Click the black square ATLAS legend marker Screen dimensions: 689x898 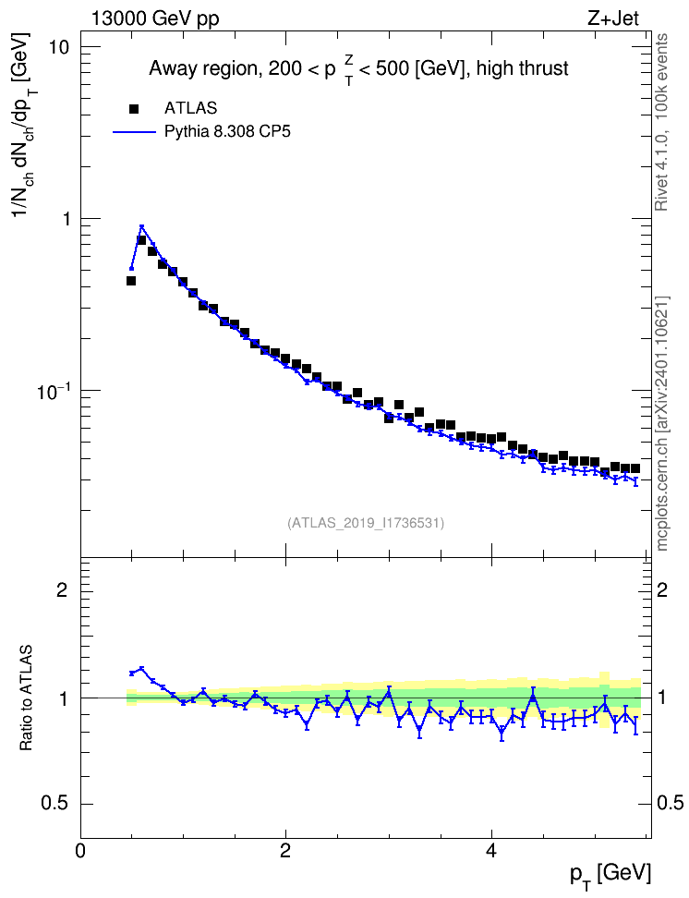click(134, 108)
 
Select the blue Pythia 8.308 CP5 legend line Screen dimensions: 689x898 click(134, 132)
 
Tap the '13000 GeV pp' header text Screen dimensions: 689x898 click(155, 19)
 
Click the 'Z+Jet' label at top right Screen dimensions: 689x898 click(613, 18)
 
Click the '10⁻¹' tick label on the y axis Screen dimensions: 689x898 click(54, 391)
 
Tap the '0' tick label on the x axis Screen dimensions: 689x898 click(80, 851)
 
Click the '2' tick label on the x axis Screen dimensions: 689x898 click(285, 851)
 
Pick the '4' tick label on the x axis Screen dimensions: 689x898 click(490, 851)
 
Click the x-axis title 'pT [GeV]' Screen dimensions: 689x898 click(610, 876)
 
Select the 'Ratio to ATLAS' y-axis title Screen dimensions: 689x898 click(26, 698)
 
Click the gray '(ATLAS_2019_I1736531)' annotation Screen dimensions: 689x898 click(366, 523)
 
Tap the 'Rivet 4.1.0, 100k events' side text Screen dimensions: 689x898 click(661, 122)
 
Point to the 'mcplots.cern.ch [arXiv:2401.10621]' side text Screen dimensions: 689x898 click(662, 424)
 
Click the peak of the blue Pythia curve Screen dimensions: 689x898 click(142, 226)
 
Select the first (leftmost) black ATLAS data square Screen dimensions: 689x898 click(131, 281)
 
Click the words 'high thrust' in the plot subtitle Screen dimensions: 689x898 click(523, 68)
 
